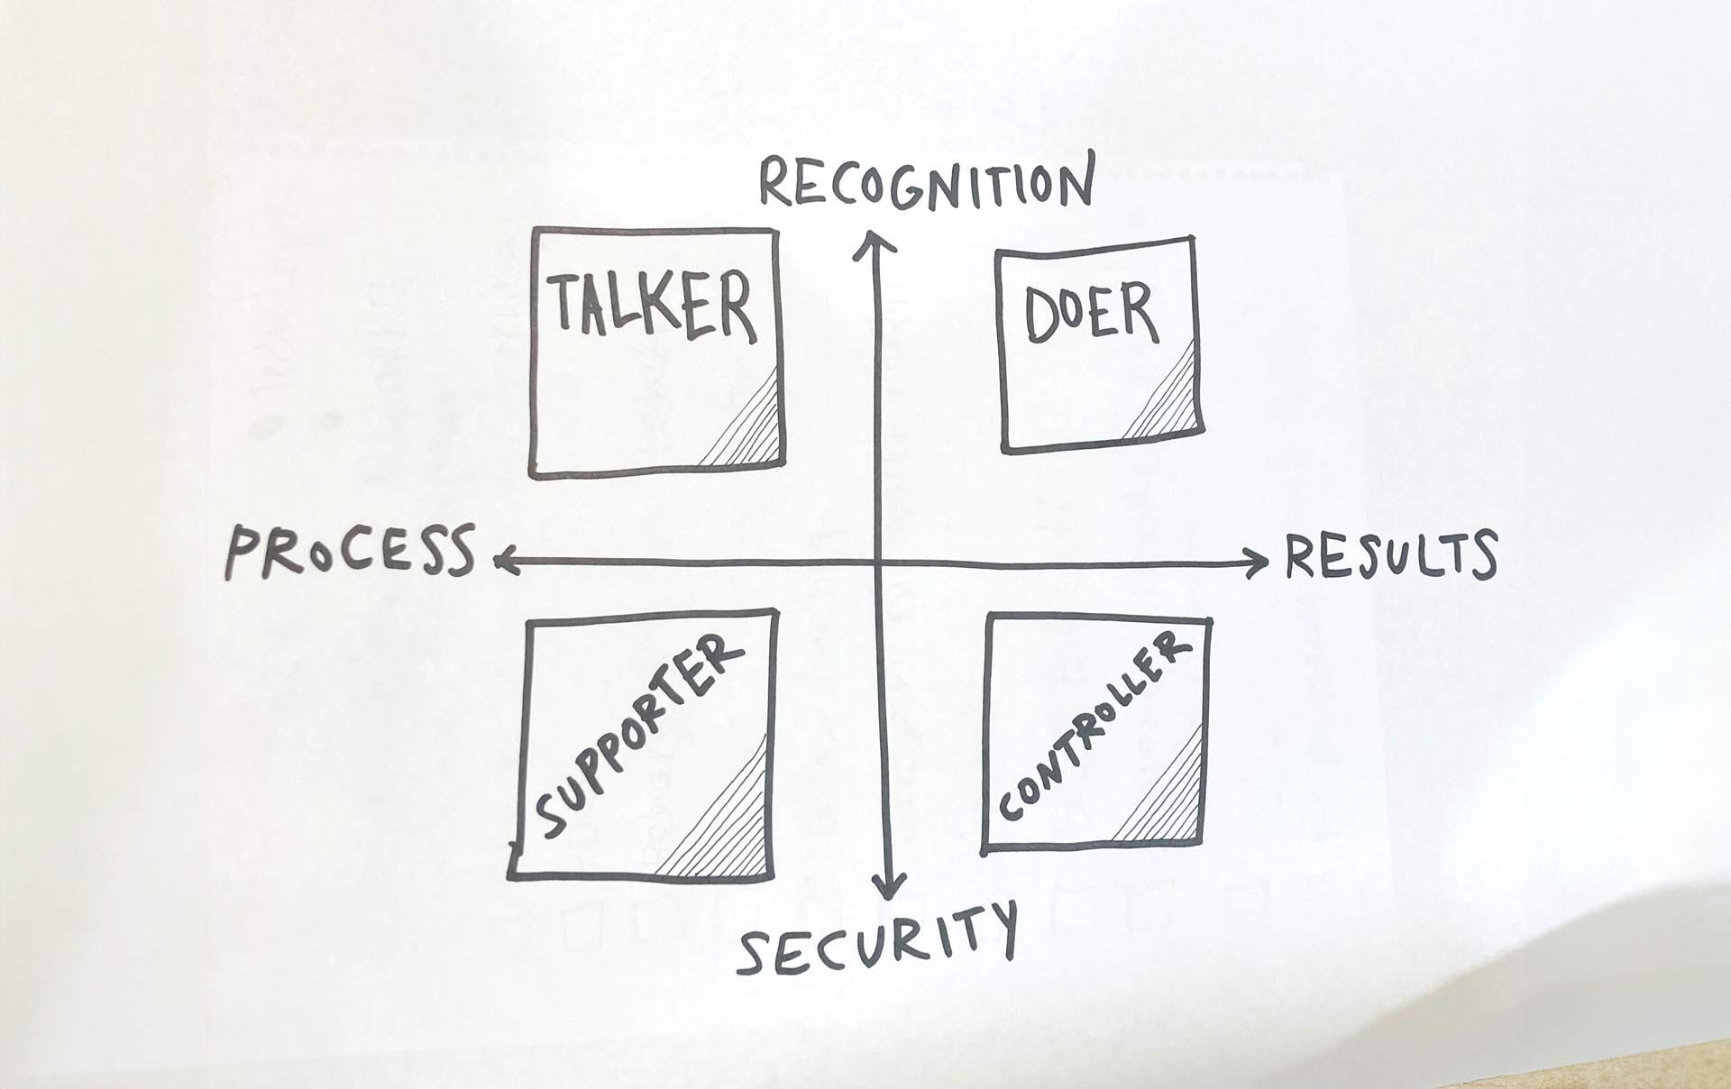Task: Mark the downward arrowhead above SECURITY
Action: pos(890,887)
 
